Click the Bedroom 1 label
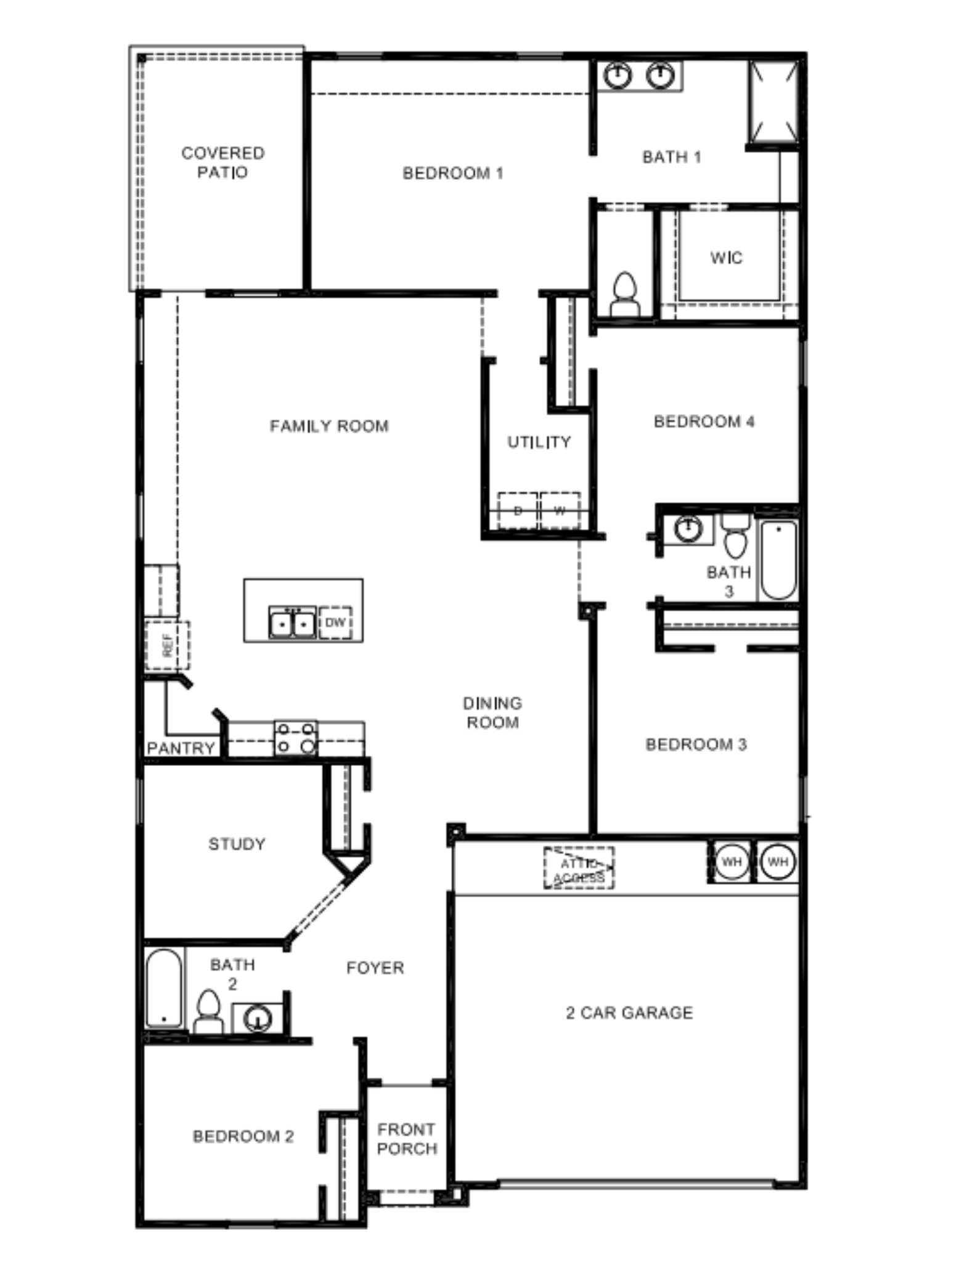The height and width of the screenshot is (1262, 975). (453, 173)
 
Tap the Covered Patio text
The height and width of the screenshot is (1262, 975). (222, 162)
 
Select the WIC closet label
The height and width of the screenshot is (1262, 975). (727, 258)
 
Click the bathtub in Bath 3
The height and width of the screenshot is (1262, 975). (778, 560)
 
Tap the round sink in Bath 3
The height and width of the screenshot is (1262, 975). (688, 529)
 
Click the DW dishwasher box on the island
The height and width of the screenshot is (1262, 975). (335, 622)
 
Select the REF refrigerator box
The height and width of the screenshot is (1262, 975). (167, 645)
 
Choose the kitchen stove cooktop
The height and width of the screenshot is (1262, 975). (296, 738)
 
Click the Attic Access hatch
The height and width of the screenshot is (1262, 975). (579, 868)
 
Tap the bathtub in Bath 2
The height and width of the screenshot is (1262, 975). (165, 988)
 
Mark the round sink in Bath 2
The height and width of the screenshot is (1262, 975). (258, 1018)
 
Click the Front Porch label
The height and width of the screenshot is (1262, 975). (407, 1139)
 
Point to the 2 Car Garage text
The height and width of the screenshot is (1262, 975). (629, 1012)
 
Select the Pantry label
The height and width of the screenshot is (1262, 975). (181, 748)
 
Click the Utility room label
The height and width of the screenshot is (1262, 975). (539, 442)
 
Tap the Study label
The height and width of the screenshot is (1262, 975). (237, 844)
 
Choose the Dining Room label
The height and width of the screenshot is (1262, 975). (492, 712)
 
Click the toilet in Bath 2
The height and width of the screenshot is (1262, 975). (208, 1011)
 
